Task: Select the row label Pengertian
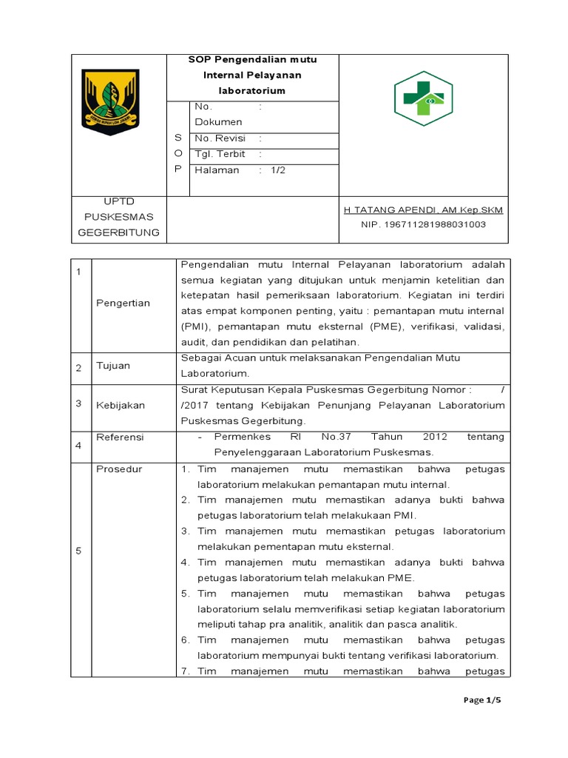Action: tap(123, 303)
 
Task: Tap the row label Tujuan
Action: tap(112, 366)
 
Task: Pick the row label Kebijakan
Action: tap(121, 405)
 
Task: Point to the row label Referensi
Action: tap(120, 437)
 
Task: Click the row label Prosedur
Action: tap(119, 469)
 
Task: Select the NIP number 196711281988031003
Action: tap(423, 224)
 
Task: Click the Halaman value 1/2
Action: tap(277, 170)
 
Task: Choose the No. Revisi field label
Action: tap(220, 138)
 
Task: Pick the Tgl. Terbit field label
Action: tap(220, 154)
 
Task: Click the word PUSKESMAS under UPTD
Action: tap(118, 217)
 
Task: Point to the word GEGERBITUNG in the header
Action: tap(118, 232)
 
